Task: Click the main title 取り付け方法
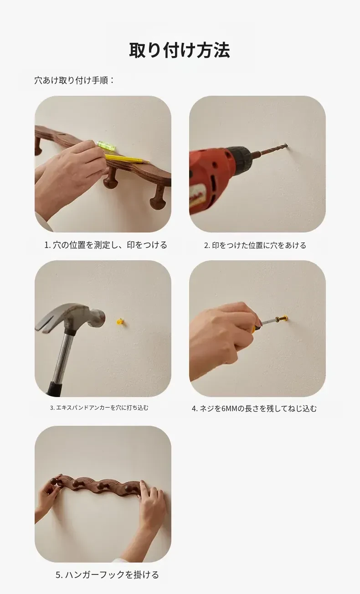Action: click(x=180, y=50)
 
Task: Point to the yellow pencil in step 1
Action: click(x=127, y=159)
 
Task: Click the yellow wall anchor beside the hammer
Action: click(x=121, y=321)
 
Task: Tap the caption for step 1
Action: click(x=106, y=245)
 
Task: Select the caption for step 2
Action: click(x=255, y=245)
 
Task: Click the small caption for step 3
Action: click(x=99, y=408)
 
